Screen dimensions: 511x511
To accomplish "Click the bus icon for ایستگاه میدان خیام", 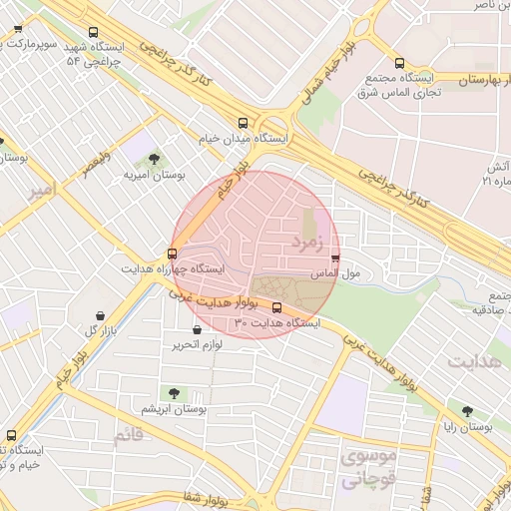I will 244,122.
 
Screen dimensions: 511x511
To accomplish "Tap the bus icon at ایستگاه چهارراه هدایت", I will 173,254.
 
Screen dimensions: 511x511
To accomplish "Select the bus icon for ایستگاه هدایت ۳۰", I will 276,307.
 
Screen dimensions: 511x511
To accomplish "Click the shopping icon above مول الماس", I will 334,257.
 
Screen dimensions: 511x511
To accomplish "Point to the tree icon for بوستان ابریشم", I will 175,393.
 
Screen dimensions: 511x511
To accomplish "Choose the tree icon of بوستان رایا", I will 468,410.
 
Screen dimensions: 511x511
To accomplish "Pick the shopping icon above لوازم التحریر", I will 196,329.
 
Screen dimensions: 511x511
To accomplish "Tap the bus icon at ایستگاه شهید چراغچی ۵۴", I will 94,32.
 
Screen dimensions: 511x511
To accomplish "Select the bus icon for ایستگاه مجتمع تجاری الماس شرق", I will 400,62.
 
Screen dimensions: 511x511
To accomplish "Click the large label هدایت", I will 474,361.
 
